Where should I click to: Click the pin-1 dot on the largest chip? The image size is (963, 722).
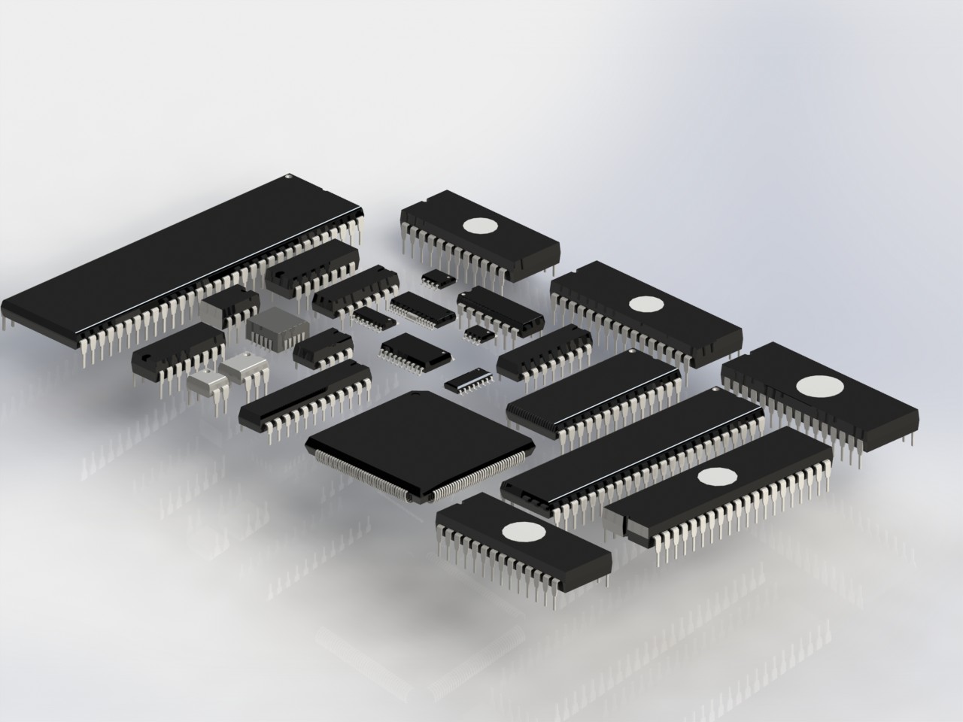[288, 177]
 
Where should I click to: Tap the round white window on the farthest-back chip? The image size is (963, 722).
[479, 225]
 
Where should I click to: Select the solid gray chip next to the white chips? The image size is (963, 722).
[275, 326]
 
